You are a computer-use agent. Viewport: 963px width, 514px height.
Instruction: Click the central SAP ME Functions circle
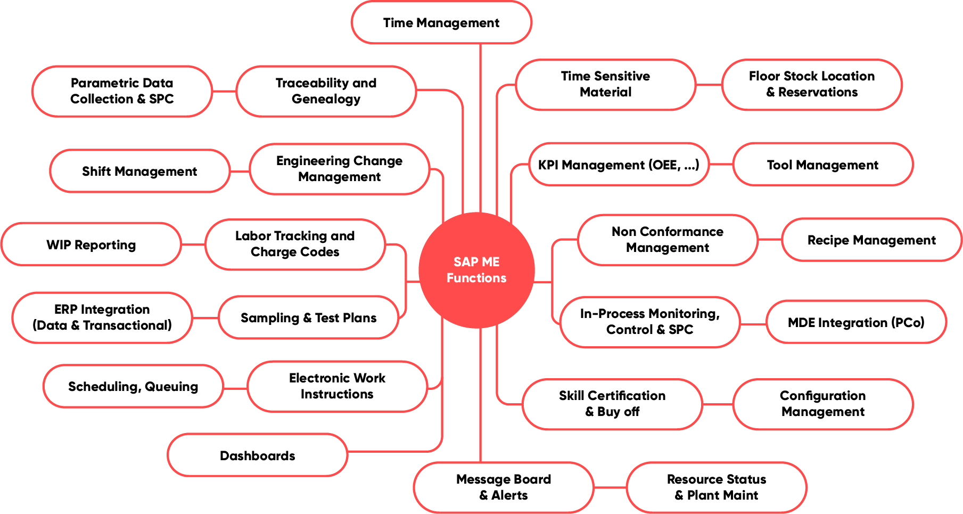pos(476,270)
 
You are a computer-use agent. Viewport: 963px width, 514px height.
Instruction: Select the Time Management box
pos(441,23)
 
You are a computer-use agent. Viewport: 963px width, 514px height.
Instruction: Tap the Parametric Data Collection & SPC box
pos(122,91)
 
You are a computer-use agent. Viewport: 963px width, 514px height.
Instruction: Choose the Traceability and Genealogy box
pos(326,91)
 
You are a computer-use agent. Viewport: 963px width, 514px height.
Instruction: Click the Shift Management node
pos(139,171)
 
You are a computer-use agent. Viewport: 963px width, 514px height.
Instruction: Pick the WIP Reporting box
pos(91,244)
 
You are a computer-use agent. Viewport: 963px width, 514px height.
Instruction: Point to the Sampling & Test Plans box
pos(308,318)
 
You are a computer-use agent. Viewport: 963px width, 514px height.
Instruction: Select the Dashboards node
pos(257,455)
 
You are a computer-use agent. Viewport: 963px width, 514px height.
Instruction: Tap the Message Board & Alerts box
pos(503,487)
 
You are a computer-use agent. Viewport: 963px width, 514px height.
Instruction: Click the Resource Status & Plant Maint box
pos(716,487)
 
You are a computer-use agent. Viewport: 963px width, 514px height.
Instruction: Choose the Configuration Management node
pos(822,404)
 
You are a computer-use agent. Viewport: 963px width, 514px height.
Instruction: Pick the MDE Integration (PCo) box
pos(855,322)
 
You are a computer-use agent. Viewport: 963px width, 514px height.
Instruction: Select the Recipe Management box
pos(871,240)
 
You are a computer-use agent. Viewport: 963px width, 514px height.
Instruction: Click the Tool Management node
pos(822,165)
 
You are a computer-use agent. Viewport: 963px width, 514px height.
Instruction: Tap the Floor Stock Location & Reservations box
pos(812,84)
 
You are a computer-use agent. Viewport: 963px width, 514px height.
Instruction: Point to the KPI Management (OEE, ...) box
pos(619,165)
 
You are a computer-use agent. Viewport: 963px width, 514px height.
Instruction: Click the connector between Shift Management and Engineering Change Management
pos(240,172)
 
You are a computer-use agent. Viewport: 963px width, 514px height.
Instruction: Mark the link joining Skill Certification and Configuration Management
pos(718,404)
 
